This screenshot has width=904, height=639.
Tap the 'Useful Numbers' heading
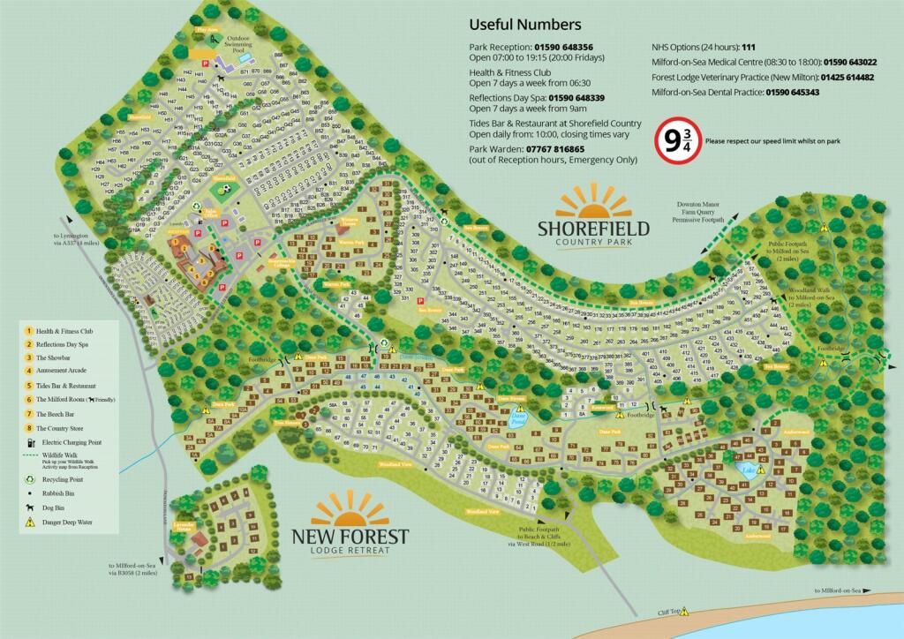[524, 25]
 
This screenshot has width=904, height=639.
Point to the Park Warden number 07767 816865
[553, 149]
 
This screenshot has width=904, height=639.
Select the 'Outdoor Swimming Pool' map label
[249, 44]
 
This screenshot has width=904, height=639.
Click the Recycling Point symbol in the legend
[29, 480]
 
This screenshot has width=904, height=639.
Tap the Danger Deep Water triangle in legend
[29, 522]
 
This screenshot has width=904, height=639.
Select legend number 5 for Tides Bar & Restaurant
[29, 385]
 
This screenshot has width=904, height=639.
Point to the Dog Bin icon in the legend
[29, 508]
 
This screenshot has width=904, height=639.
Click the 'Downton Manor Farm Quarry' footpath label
[701, 211]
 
